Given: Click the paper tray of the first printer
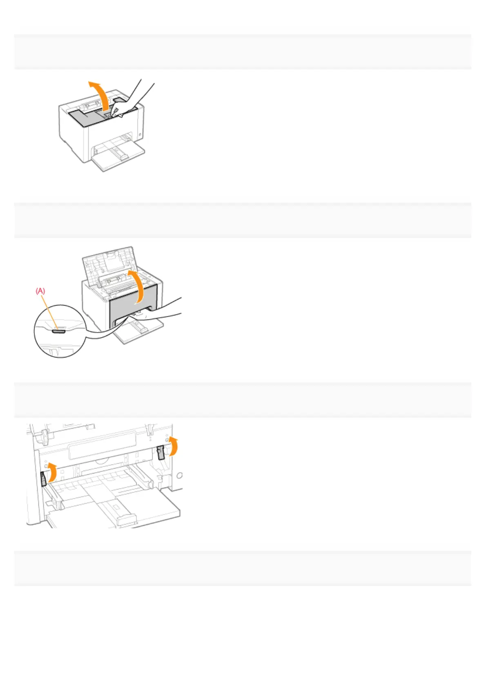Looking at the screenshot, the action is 118,157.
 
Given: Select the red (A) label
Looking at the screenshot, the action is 40,291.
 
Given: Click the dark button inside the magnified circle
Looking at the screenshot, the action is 58,331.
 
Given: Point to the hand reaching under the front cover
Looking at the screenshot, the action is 163,313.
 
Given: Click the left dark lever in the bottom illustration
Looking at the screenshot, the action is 44,479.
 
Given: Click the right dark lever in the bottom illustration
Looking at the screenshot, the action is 161,452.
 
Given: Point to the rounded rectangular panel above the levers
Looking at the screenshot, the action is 102,445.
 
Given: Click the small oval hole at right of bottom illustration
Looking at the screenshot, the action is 179,476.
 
